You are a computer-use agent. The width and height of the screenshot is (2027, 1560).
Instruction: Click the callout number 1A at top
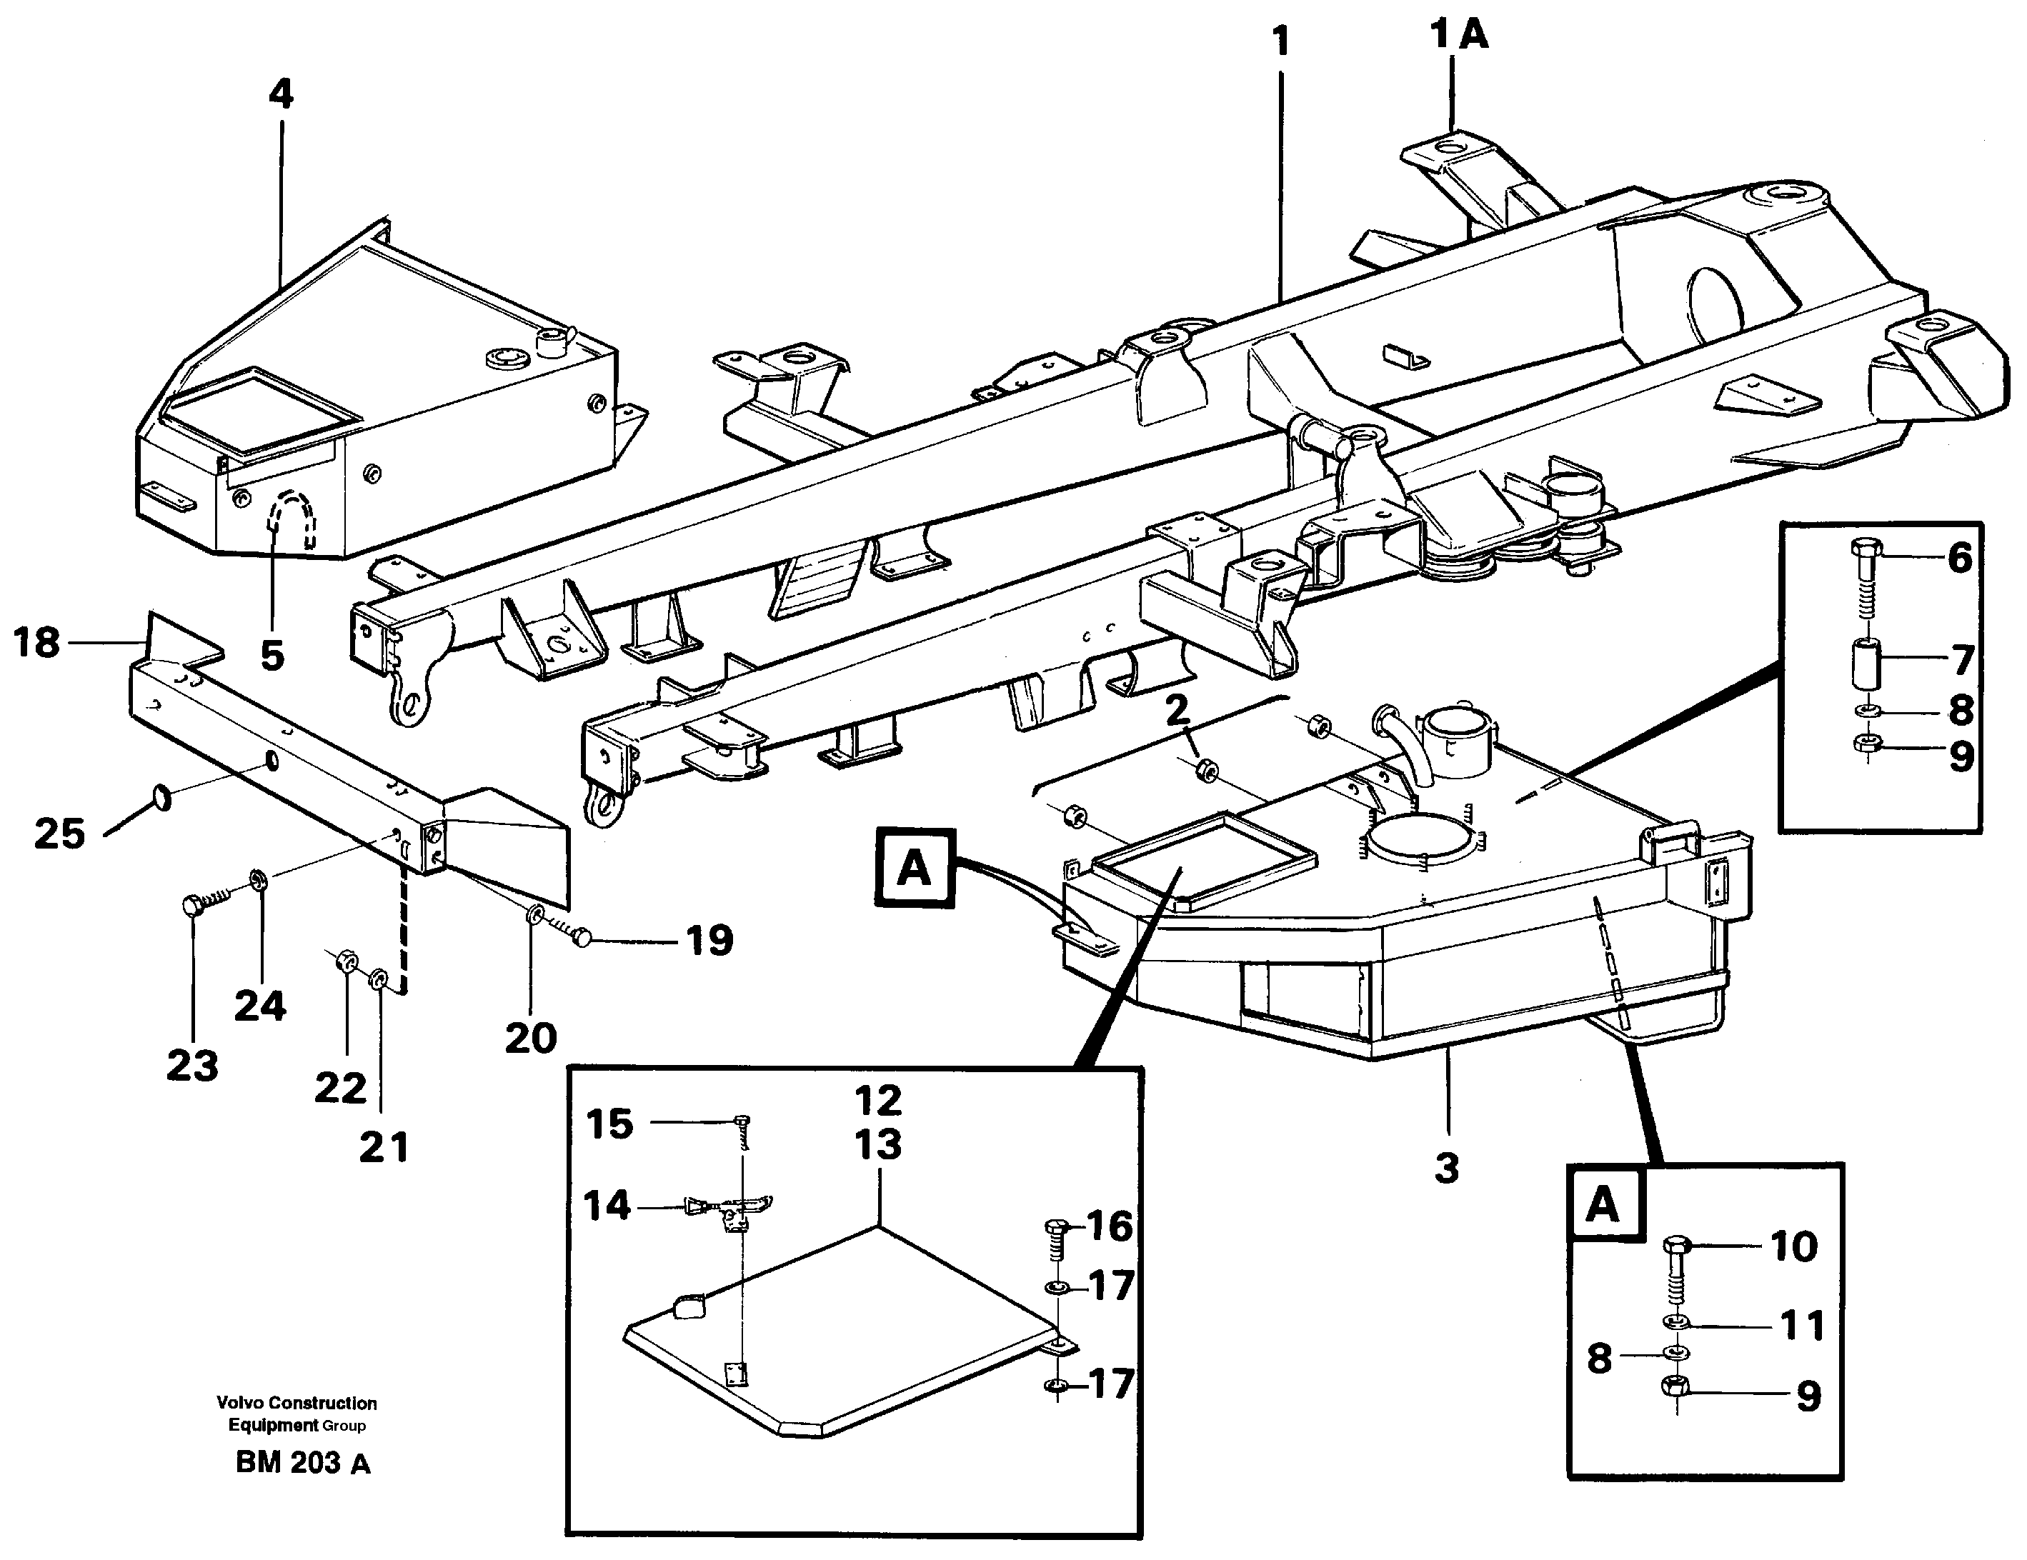tap(1459, 35)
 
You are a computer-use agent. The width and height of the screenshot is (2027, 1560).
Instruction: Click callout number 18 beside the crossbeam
tap(37, 642)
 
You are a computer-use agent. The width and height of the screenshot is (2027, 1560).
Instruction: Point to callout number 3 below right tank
tap(1447, 1167)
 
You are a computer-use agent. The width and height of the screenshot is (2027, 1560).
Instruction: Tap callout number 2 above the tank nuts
tap(1177, 711)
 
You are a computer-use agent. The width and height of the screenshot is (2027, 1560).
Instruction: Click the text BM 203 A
tap(302, 1464)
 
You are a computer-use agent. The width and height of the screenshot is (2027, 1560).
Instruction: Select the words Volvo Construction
tap(296, 1403)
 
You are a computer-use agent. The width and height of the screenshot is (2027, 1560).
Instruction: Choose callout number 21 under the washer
tap(383, 1148)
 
